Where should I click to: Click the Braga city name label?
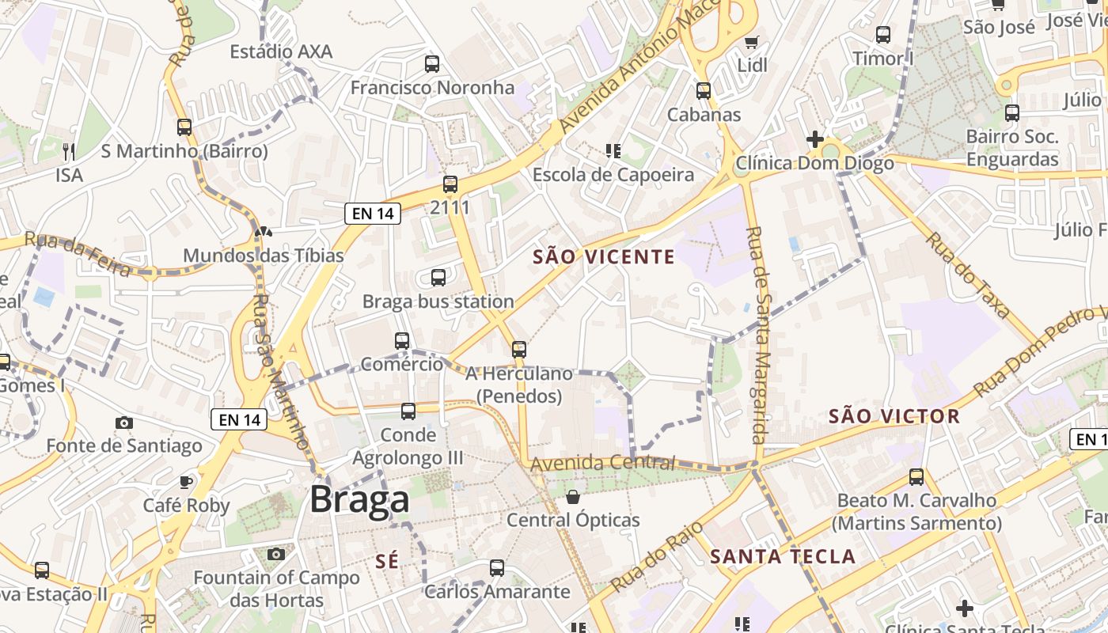[x=359, y=499]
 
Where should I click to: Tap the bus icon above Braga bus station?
[x=438, y=278]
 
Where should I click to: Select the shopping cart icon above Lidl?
[x=751, y=42]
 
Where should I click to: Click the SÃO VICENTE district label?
[x=604, y=256]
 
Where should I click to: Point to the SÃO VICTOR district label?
[x=894, y=416]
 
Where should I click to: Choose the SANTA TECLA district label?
[x=783, y=556]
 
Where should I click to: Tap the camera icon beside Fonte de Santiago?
[x=124, y=423]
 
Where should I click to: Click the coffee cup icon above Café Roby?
[x=186, y=482]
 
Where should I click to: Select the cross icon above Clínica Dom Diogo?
[x=814, y=139]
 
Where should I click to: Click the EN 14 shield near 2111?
[x=373, y=213]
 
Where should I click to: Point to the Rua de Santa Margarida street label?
[x=758, y=335]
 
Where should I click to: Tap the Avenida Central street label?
[x=603, y=463]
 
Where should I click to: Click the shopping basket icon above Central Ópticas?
[x=573, y=497]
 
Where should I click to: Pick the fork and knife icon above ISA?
[x=69, y=151]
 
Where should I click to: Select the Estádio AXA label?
[x=281, y=51]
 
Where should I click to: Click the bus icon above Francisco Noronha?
[x=432, y=64]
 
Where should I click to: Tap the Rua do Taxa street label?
[x=970, y=275]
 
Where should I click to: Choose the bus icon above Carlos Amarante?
[x=497, y=567]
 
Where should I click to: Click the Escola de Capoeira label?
[x=613, y=175]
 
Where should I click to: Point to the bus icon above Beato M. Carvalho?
[x=916, y=477]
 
